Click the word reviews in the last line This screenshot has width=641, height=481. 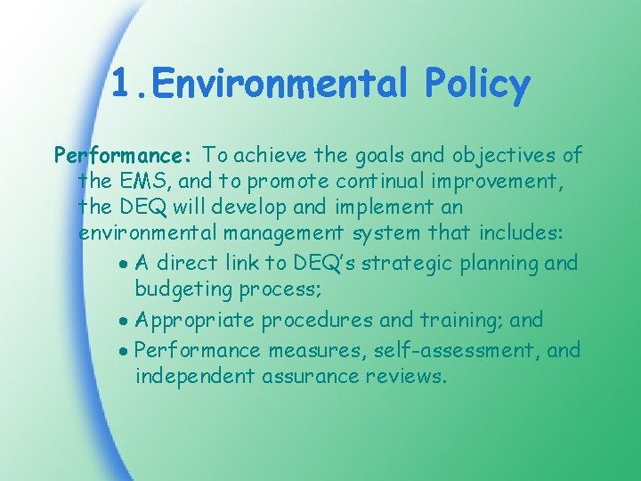(x=405, y=377)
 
